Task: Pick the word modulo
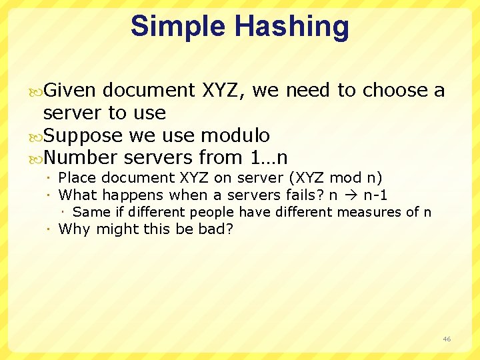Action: click(x=235, y=135)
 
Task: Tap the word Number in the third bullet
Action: click(x=81, y=158)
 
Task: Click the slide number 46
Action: click(x=447, y=339)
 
